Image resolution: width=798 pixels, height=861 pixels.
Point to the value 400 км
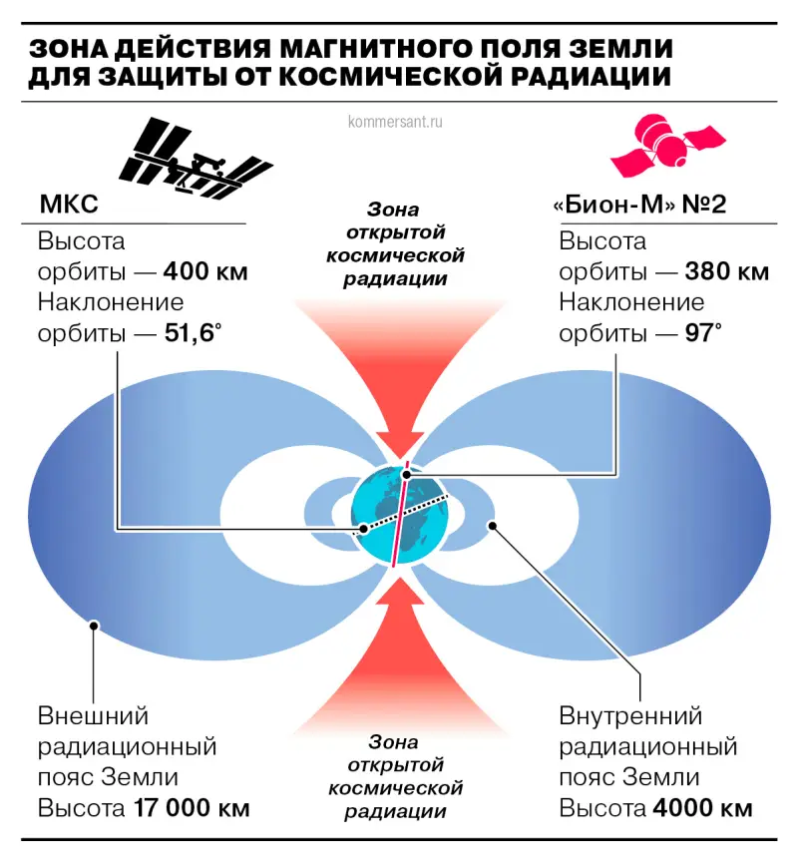[x=205, y=272]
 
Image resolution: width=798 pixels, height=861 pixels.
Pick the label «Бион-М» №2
[x=638, y=207]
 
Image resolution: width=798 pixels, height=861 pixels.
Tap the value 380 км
[x=727, y=272]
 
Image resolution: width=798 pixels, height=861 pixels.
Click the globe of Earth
[x=400, y=513]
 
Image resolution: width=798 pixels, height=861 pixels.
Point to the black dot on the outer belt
[x=94, y=627]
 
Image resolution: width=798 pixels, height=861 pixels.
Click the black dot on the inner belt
[x=491, y=525]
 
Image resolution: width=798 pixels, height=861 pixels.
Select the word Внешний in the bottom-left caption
[x=93, y=716]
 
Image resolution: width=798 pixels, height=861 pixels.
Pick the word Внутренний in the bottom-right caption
[x=631, y=716]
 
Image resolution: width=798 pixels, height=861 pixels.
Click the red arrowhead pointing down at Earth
[x=400, y=444]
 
